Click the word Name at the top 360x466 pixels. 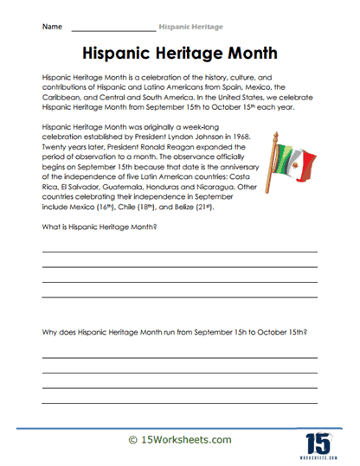pyautogui.click(x=51, y=27)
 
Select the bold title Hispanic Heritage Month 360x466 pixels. pyautogui.click(x=180, y=53)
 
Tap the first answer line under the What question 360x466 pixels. pyautogui.click(x=179, y=252)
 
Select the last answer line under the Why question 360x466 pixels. pyautogui.click(x=179, y=402)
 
